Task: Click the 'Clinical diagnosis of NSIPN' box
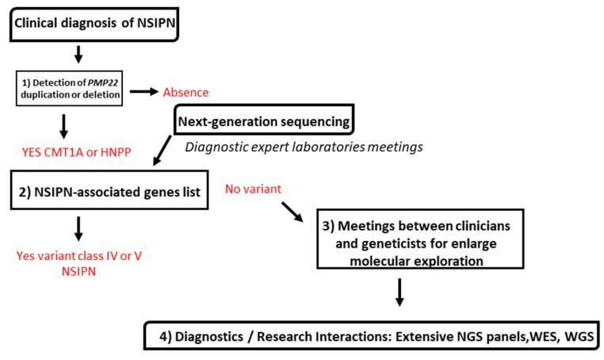click(93, 22)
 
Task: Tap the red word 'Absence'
click(185, 93)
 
